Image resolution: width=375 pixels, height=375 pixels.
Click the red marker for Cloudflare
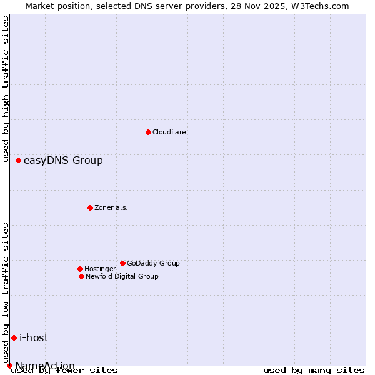click(x=148, y=132)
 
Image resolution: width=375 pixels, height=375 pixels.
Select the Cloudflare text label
click(x=169, y=132)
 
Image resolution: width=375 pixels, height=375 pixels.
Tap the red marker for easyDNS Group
click(x=18, y=161)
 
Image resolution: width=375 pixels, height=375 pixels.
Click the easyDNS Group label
click(x=63, y=161)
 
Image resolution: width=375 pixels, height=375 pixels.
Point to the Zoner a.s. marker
click(x=90, y=207)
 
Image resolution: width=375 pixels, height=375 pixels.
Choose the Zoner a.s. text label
click(x=111, y=208)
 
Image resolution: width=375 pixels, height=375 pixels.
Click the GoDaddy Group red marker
click(x=122, y=263)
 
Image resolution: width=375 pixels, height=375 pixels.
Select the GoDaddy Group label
click(x=153, y=264)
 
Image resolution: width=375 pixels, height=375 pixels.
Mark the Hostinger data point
click(x=80, y=269)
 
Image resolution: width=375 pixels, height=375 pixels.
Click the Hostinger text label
click(x=100, y=269)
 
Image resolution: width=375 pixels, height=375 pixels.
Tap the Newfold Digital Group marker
click(x=81, y=276)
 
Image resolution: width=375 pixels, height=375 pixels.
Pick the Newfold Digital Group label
click(x=122, y=277)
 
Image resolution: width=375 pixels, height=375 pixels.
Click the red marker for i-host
click(x=14, y=338)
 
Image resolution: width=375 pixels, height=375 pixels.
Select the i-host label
click(x=34, y=338)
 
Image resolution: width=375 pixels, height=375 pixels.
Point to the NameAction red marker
click(x=9, y=366)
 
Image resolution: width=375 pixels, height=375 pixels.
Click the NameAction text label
click(x=45, y=366)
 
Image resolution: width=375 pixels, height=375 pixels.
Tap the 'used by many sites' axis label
click(x=314, y=371)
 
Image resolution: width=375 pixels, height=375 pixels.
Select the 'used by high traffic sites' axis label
click(x=6, y=89)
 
